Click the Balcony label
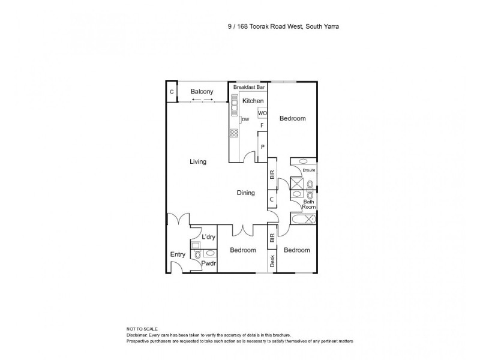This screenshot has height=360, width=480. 202,91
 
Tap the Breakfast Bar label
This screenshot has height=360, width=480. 249,88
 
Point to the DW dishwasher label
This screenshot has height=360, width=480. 245,120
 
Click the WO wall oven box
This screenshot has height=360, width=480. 262,113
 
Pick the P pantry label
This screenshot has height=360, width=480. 262,146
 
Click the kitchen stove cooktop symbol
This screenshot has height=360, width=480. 234,134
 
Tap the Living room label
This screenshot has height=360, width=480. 198,161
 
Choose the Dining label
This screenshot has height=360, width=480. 246,193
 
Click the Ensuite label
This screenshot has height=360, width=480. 309,170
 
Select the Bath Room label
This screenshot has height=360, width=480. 308,205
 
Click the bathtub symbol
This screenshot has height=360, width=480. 303,219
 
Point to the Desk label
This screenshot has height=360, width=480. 272,261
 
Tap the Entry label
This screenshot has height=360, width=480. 178,254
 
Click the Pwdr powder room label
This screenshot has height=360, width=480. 208,263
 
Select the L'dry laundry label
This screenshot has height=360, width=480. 208,237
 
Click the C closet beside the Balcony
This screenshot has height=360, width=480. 172,92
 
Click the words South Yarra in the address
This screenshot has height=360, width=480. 325,26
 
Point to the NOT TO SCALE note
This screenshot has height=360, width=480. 142,329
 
